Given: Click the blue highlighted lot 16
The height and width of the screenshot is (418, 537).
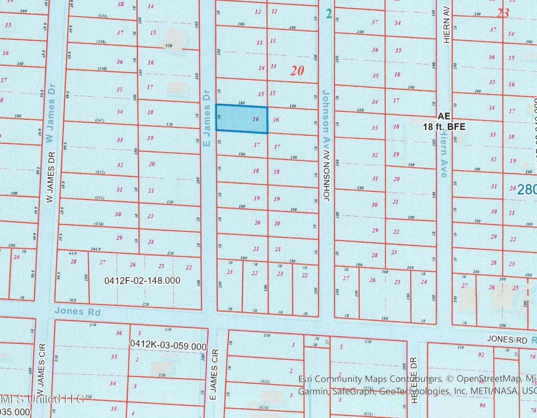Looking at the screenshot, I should (242, 119).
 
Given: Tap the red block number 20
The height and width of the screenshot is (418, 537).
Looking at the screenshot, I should (297, 70).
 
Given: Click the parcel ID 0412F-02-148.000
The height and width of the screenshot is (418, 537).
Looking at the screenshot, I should (142, 281).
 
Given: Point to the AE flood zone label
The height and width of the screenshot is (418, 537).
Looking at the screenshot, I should (444, 116).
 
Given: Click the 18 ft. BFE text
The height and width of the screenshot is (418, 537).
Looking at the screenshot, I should (444, 126).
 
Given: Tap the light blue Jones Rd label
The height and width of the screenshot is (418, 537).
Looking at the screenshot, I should (77, 311).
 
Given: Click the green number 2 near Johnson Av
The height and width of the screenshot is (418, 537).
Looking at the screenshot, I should (329, 14).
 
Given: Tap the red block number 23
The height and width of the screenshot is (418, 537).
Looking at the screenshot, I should (503, 13).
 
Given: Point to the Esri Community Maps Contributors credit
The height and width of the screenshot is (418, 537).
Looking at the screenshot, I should (370, 379).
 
